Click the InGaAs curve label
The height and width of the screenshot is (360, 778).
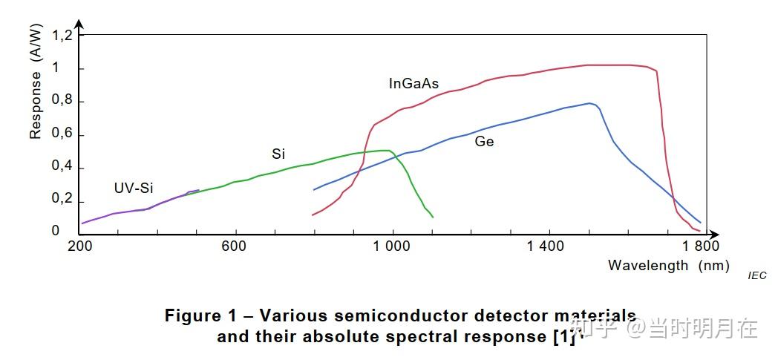point(413,84)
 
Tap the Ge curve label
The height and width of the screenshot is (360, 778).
point(484,141)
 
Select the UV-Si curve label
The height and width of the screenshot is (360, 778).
point(134,188)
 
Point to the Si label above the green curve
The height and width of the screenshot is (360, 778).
point(278,154)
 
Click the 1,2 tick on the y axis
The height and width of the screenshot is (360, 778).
point(61,35)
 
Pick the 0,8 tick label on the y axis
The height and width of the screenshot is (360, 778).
point(61,102)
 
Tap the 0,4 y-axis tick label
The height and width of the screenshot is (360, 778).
point(61,167)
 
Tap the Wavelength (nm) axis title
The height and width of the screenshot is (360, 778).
point(668,265)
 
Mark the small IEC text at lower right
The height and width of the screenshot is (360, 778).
point(756,275)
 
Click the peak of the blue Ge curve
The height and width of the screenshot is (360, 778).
point(589,103)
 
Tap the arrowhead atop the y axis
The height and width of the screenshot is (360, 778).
point(79,25)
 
